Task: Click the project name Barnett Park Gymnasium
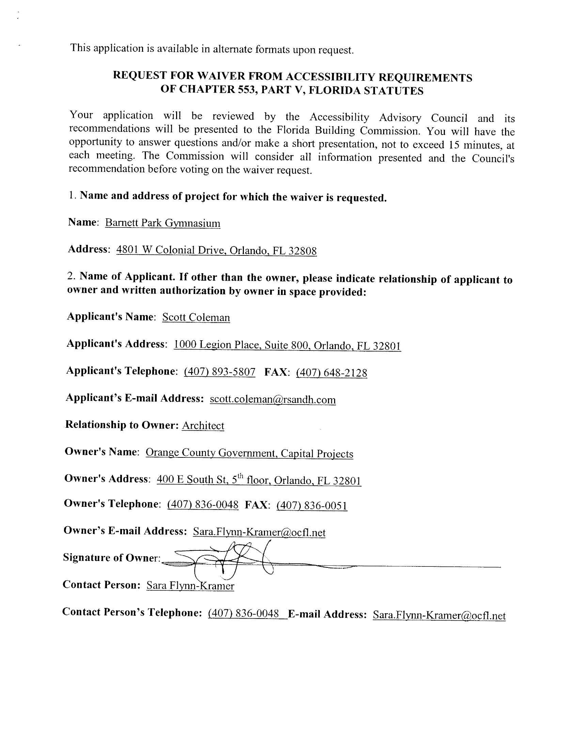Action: [162, 223]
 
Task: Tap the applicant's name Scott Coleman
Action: [196, 317]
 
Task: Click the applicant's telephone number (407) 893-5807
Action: [220, 372]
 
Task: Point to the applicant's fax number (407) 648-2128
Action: [331, 373]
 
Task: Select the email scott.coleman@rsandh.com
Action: [273, 400]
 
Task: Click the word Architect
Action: [203, 426]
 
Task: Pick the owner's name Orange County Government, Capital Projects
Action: [249, 453]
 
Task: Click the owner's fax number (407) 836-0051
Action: [312, 506]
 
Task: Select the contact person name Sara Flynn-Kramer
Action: [190, 586]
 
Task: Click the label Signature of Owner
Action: [111, 558]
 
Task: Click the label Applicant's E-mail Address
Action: [135, 398]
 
